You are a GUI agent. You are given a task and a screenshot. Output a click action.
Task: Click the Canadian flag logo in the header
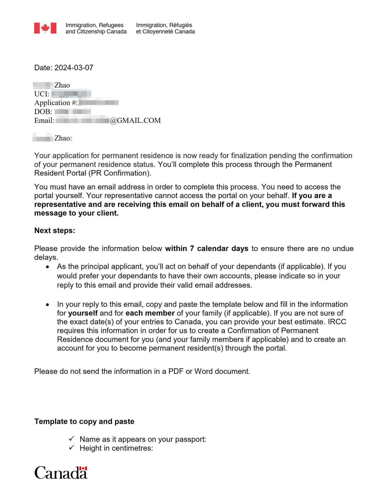(45, 28)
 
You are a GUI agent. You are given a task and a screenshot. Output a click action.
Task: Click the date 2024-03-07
(74, 68)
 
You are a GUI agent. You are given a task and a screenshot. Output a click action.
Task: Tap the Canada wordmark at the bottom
(61, 472)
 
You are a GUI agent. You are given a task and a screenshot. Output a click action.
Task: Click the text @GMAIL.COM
(135, 121)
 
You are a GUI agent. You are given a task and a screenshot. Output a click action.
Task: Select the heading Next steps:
(55, 231)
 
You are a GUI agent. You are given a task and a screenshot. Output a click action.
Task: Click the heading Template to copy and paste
(84, 421)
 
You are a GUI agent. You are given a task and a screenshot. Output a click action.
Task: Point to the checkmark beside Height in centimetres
(72, 448)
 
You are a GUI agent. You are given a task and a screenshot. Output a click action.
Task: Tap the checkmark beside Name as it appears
(72, 439)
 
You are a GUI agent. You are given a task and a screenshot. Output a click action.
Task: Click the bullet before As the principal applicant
(47, 267)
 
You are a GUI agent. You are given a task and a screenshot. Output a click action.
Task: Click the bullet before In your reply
(47, 305)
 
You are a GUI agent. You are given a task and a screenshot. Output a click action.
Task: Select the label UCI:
(42, 94)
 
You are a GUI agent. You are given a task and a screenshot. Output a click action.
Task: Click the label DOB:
(43, 112)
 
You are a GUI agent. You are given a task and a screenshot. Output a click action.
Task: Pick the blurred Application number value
(99, 102)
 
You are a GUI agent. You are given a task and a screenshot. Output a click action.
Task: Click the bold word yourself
(83, 313)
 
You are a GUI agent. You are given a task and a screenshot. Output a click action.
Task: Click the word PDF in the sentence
(176, 372)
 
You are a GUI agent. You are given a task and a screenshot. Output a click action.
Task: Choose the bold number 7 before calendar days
(192, 249)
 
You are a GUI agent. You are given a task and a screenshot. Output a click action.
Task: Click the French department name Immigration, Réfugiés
(164, 25)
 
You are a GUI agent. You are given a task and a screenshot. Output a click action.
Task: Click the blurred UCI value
(71, 94)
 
